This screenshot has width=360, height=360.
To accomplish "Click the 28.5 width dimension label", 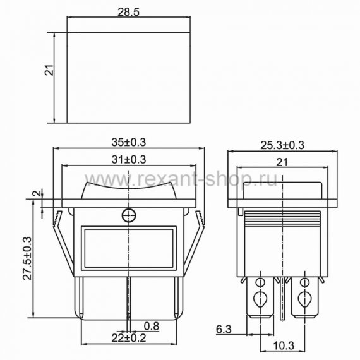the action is coord(128,13).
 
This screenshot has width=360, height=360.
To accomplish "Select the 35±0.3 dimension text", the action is coord(129,142).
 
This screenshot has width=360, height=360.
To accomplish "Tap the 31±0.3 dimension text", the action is coord(129,160).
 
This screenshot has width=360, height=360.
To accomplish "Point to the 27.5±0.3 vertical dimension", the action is coord(27,258).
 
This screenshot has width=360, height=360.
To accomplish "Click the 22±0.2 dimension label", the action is coord(129,338).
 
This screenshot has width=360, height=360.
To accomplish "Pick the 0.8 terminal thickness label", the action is coord(152,326).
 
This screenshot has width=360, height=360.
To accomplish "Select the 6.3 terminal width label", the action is coord(224,330).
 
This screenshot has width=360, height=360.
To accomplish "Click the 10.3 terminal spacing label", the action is coord(284,345).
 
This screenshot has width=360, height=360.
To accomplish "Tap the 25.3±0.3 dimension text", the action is coord(282,145).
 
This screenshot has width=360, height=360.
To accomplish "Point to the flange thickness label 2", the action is coord(37,193).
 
